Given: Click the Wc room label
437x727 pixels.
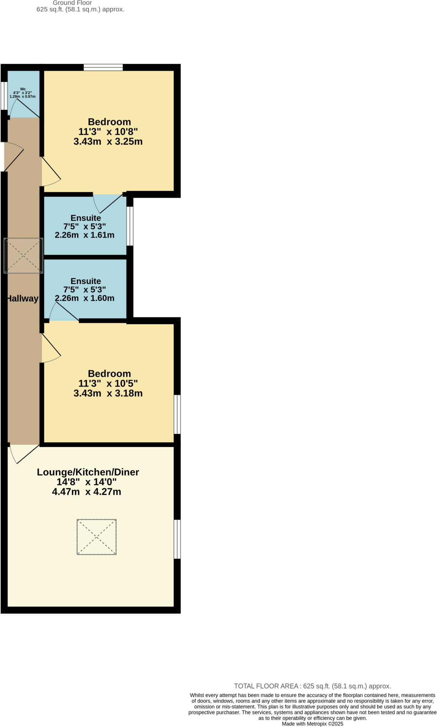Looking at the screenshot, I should point(23,89).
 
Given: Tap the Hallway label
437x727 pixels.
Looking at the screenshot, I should point(22,299).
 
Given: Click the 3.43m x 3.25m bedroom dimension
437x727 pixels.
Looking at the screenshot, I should point(108,142).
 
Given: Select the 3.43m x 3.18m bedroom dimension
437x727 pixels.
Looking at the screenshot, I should point(108,393).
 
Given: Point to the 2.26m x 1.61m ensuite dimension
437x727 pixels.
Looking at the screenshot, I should point(85,235).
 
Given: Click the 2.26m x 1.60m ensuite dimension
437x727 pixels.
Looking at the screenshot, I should point(85,298).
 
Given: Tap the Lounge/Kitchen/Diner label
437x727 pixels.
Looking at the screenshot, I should point(88,472).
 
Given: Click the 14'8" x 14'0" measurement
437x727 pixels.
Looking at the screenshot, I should point(86,482).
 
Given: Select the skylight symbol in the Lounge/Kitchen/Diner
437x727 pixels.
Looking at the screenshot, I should point(96,537).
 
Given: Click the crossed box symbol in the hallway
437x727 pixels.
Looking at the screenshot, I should point(23,256).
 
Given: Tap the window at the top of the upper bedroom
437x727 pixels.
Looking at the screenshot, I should point(103,67).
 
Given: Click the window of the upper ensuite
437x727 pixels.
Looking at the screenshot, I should point(130,226).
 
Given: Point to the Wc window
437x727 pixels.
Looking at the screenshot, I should point(4,95).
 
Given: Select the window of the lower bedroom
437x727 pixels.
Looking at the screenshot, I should point(177,414).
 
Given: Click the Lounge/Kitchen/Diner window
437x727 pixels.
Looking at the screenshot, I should point(177,539).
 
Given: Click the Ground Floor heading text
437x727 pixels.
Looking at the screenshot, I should point(72,3).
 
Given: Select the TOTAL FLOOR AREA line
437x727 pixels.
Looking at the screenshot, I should point(312,686).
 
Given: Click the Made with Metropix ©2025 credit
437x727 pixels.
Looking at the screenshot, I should point(312,724).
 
